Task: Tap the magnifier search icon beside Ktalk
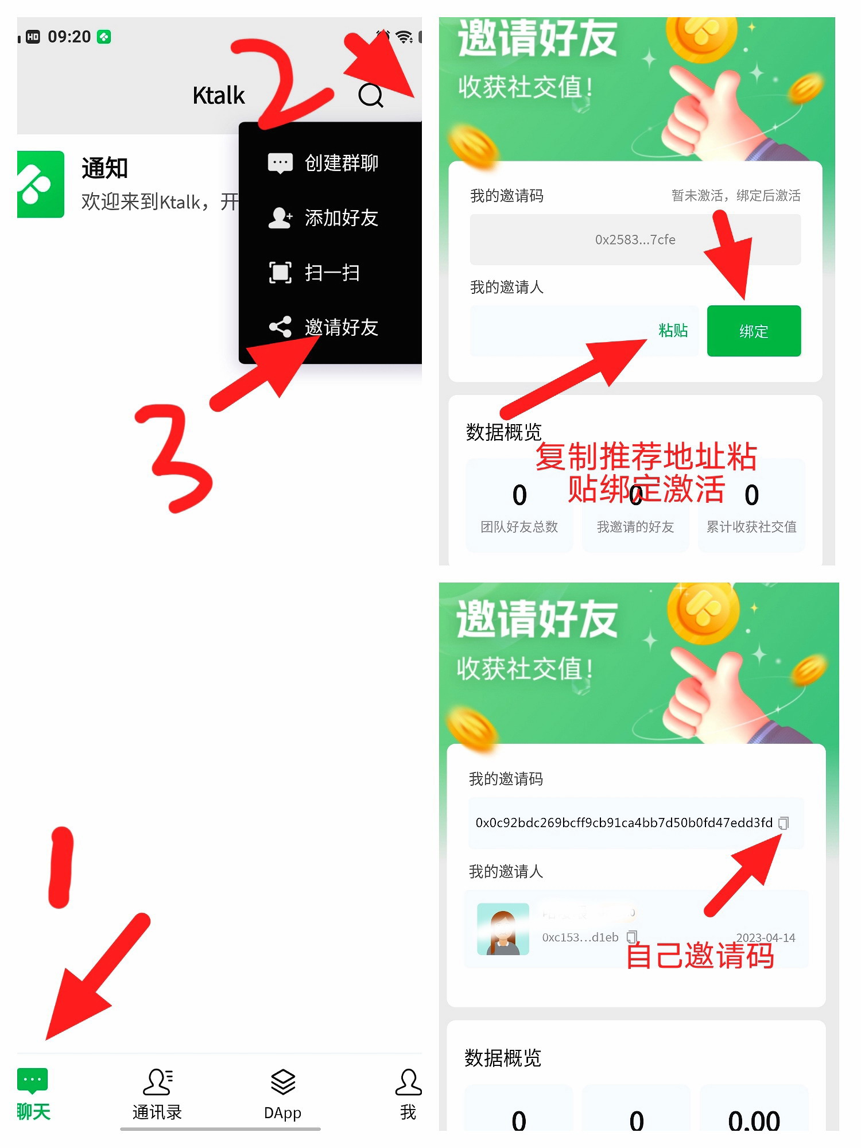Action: pyautogui.click(x=370, y=95)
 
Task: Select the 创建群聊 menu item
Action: pyautogui.click(x=340, y=163)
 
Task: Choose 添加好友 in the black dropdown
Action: pyautogui.click(x=340, y=218)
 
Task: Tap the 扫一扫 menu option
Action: pyautogui.click(x=331, y=273)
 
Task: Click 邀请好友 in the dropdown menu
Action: pyautogui.click(x=340, y=327)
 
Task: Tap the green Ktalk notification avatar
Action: pyautogui.click(x=40, y=184)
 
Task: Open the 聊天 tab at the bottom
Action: pyautogui.click(x=33, y=1094)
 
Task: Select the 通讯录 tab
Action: pyautogui.click(x=157, y=1094)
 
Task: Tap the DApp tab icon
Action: pyautogui.click(x=282, y=1094)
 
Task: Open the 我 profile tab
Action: pyautogui.click(x=408, y=1094)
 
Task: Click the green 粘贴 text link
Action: pyautogui.click(x=673, y=331)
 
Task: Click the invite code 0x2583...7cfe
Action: pyautogui.click(x=635, y=240)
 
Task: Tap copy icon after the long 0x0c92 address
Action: pyautogui.click(x=784, y=823)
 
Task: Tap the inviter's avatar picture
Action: pyautogui.click(x=503, y=929)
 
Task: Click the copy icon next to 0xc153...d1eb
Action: pyautogui.click(x=631, y=937)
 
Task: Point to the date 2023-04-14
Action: pyautogui.click(x=765, y=938)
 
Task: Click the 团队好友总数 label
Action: pyautogui.click(x=519, y=527)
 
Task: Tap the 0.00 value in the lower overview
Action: pyautogui.click(x=753, y=1120)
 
